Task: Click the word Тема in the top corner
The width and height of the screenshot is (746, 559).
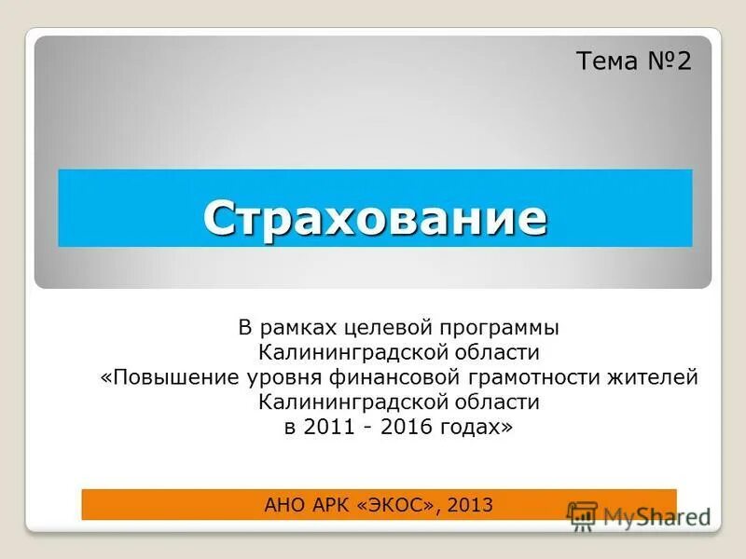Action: [607, 61]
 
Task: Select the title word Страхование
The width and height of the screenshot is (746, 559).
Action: [375, 217]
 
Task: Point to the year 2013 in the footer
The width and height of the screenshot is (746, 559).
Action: [470, 505]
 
